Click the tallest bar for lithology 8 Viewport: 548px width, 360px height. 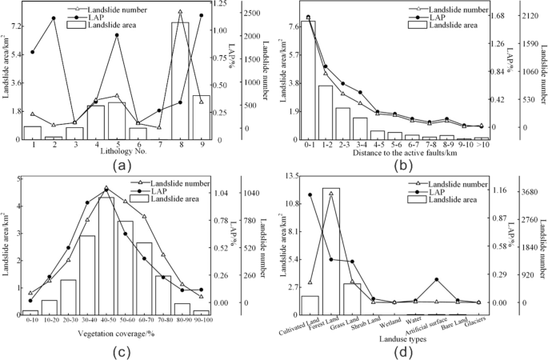coord(180,80)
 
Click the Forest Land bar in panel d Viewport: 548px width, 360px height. coord(330,248)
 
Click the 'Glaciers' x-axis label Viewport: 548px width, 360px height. coord(474,322)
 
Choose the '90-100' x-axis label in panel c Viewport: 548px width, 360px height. coord(200,320)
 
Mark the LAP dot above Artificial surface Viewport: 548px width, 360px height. coord(436,280)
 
